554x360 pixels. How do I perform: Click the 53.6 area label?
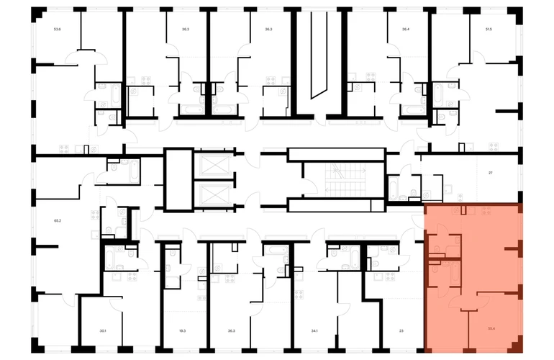point(57,30)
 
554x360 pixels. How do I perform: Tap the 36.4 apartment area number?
point(406,30)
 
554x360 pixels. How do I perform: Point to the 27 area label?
point(490,174)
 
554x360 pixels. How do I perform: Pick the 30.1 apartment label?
point(103,330)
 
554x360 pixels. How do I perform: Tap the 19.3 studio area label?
point(182,330)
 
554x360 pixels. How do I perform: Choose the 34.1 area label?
point(314,330)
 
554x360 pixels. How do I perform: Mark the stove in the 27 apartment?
point(493,148)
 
